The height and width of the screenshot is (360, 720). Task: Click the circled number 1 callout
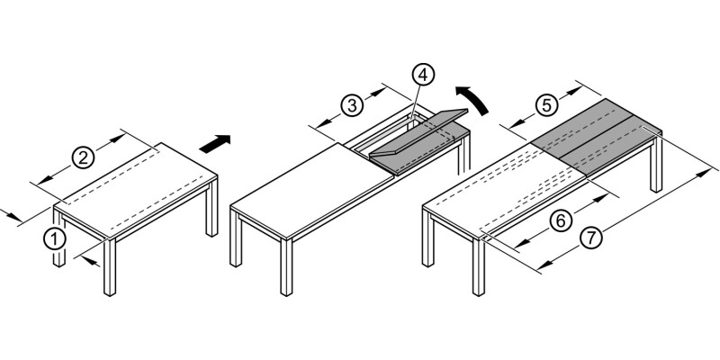55,238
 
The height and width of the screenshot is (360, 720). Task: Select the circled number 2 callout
82,158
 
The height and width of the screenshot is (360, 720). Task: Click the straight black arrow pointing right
213,143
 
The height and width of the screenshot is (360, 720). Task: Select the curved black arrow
473,98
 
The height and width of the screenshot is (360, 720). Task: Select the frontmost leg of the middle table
286,269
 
